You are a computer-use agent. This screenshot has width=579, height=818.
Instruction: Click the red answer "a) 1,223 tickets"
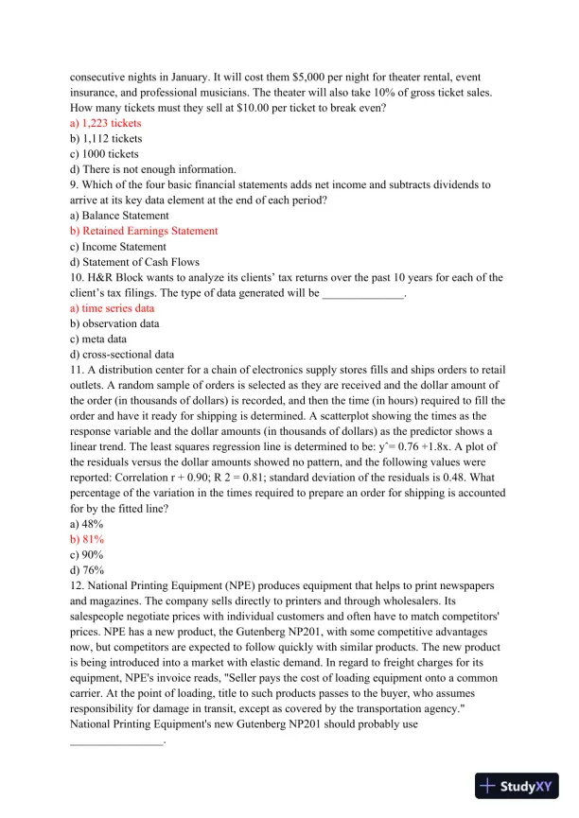pos(106,123)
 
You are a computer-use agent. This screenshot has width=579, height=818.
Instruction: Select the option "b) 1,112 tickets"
pos(106,138)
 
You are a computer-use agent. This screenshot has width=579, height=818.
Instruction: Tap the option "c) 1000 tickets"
pos(104,153)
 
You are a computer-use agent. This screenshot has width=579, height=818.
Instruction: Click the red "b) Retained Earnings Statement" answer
pos(144,231)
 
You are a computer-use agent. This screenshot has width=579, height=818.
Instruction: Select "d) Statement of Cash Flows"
pos(134,262)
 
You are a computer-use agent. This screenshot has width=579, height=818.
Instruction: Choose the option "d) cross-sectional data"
pos(121,355)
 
